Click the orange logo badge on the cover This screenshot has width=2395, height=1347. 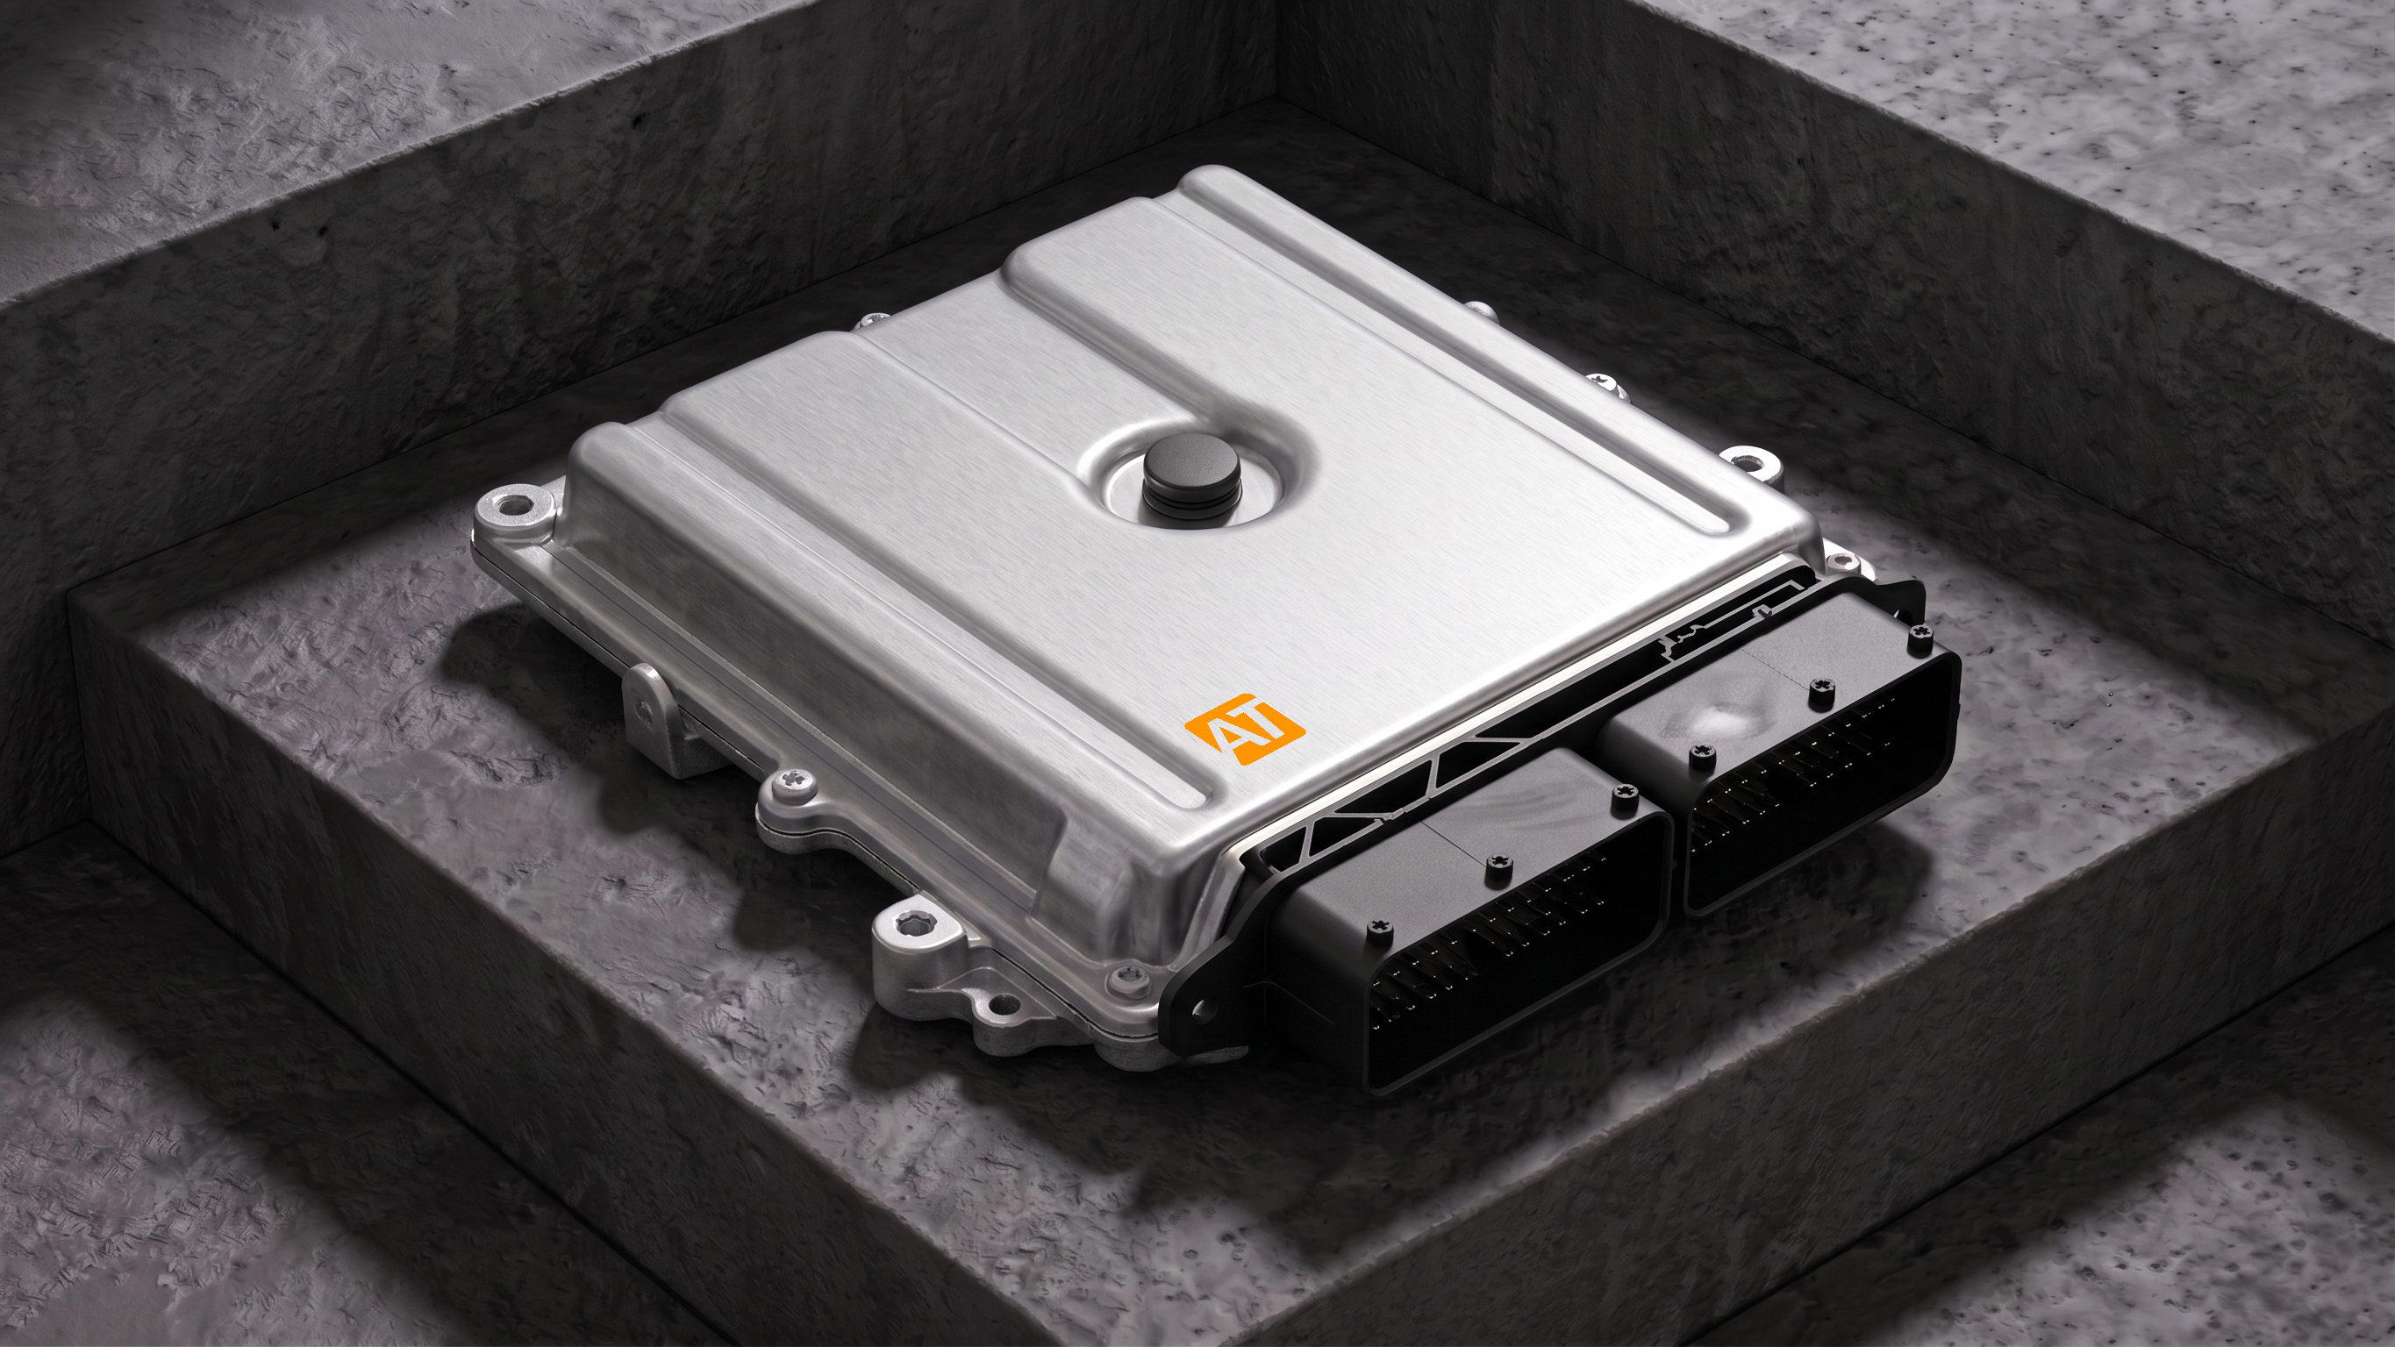tap(1244, 728)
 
